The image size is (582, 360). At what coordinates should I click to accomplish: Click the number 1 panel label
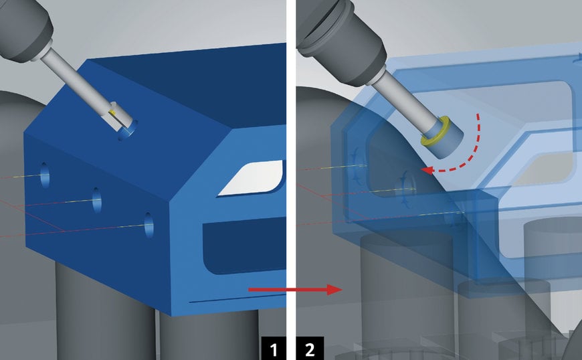pos(274,349)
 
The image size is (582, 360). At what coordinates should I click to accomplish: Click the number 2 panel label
pos(310,349)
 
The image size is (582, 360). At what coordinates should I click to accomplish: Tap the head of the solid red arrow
pos(334,289)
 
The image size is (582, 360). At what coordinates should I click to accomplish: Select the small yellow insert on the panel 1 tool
pos(112,111)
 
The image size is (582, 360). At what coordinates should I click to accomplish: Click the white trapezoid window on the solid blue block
pos(252,178)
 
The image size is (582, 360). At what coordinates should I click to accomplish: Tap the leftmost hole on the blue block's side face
pos(45,175)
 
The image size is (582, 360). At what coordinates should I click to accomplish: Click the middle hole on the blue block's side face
pos(97,200)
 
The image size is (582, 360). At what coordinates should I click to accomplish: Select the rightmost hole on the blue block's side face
pos(149,225)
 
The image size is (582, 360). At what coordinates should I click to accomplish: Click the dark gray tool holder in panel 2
pos(341,39)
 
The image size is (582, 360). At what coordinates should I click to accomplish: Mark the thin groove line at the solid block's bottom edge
pos(237,298)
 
